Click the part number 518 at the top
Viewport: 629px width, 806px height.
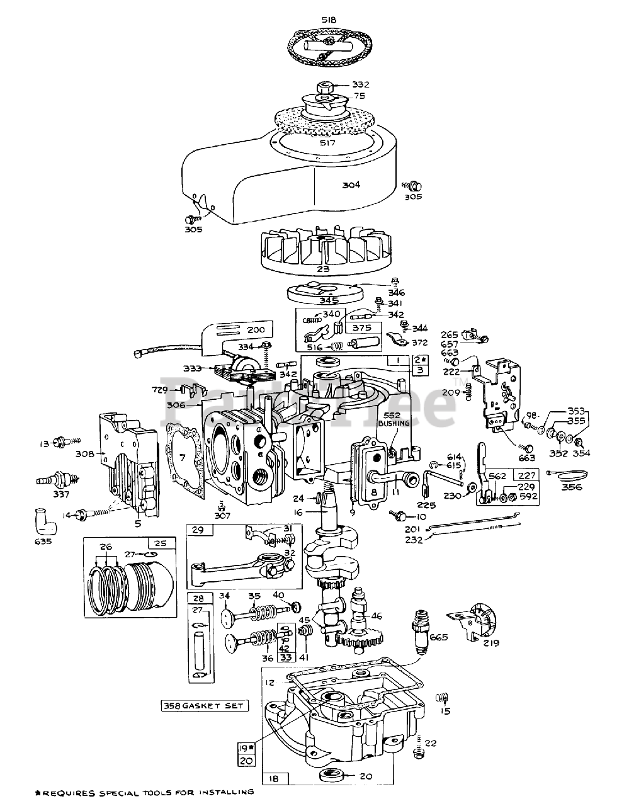[328, 20]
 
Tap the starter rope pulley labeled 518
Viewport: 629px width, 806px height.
[328, 47]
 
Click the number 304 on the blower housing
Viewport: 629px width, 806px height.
[351, 184]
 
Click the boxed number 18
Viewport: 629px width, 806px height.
[273, 779]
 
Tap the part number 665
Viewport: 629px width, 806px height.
[438, 637]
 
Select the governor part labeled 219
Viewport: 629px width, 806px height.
[477, 620]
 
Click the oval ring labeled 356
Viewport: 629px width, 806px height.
[570, 473]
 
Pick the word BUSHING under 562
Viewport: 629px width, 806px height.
[394, 424]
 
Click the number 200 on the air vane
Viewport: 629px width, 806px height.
[255, 330]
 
